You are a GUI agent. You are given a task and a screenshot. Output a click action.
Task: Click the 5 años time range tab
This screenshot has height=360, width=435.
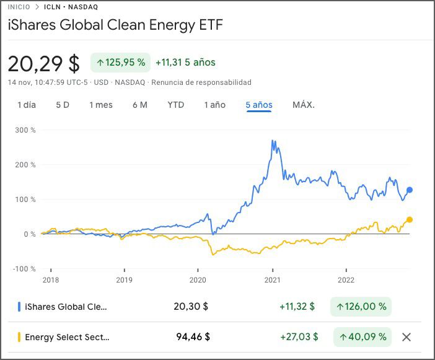259,105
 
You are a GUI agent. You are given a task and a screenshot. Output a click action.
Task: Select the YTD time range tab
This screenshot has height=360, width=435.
176,105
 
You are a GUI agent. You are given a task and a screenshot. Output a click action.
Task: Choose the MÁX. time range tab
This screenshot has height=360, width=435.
304,105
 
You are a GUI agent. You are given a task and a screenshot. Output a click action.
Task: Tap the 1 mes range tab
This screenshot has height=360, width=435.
101,105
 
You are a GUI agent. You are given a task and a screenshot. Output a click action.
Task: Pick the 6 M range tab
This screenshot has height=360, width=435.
140,105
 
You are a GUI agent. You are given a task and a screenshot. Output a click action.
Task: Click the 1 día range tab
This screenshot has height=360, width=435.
27,105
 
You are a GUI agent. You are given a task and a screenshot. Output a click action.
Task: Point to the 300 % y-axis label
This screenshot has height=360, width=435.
25,130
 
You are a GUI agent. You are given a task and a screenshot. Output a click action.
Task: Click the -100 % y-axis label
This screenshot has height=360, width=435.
25,268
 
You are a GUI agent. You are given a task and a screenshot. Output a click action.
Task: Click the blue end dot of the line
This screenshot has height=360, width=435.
410,190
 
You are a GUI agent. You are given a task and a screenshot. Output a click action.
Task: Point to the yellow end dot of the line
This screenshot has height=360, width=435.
410,219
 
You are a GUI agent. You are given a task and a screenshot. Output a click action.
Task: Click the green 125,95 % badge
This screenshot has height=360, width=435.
121,63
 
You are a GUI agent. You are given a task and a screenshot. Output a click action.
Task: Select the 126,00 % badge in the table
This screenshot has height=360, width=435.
361,306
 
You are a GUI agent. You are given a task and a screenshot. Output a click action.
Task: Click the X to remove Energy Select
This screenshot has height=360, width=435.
406,337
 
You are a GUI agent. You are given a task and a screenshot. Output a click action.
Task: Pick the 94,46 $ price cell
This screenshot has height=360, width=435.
193,337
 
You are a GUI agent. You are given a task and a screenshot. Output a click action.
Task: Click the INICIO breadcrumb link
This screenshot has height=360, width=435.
19,7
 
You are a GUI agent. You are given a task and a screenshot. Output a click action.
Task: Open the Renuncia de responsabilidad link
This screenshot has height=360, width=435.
201,82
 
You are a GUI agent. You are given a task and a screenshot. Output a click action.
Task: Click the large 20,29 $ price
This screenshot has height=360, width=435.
43,63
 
